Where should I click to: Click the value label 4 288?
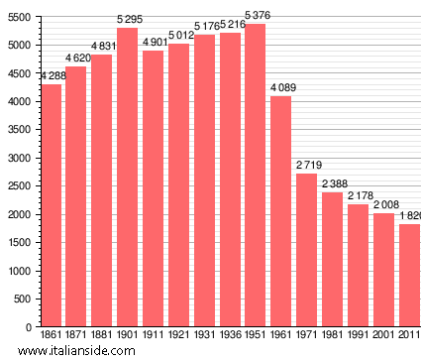pyautogui.click(x=53, y=77)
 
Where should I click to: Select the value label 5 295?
pyautogui.click(x=129, y=20)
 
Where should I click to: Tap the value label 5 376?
pyautogui.click(x=256, y=16)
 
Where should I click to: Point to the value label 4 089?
pyautogui.click(x=282, y=88)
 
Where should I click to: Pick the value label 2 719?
pyautogui.click(x=308, y=166)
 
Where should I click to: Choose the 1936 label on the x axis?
pyautogui.click(x=230, y=335)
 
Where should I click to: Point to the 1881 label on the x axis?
pyautogui.click(x=102, y=335)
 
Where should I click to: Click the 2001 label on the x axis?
pyautogui.click(x=383, y=335)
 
